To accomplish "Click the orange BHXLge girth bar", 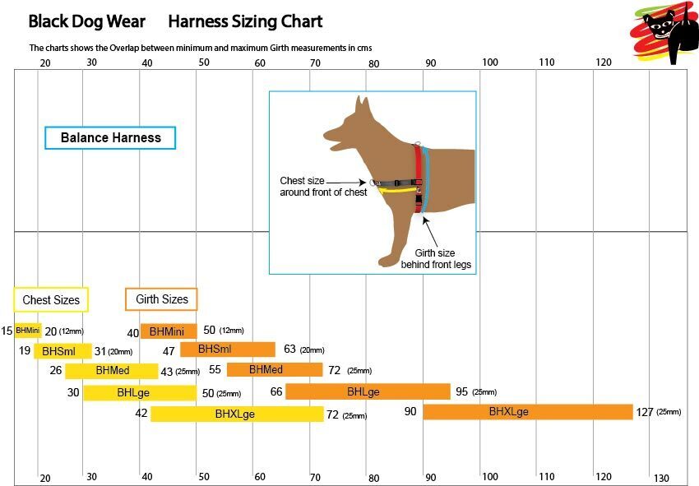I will pyautogui.click(x=527, y=411).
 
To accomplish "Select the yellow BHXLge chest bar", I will pyautogui.click(x=237, y=414).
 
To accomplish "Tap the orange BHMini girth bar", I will pyautogui.click(x=168, y=331).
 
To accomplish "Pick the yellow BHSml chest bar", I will pyautogui.click(x=58, y=351).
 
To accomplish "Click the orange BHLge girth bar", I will pyautogui.click(x=368, y=391).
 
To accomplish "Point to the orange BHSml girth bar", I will pyautogui.click(x=228, y=349).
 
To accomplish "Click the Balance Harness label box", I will pyautogui.click(x=110, y=137).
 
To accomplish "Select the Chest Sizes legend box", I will pyautogui.click(x=51, y=299).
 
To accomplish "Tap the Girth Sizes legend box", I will pyautogui.click(x=161, y=299).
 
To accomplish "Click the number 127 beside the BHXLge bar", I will pyautogui.click(x=645, y=412).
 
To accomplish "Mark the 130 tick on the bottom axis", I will pyautogui.click(x=661, y=478).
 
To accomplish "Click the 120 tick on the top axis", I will pyautogui.click(x=604, y=62).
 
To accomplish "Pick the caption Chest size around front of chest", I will pyautogui.click(x=323, y=186).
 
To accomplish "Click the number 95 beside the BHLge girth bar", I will pyautogui.click(x=461, y=391).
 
